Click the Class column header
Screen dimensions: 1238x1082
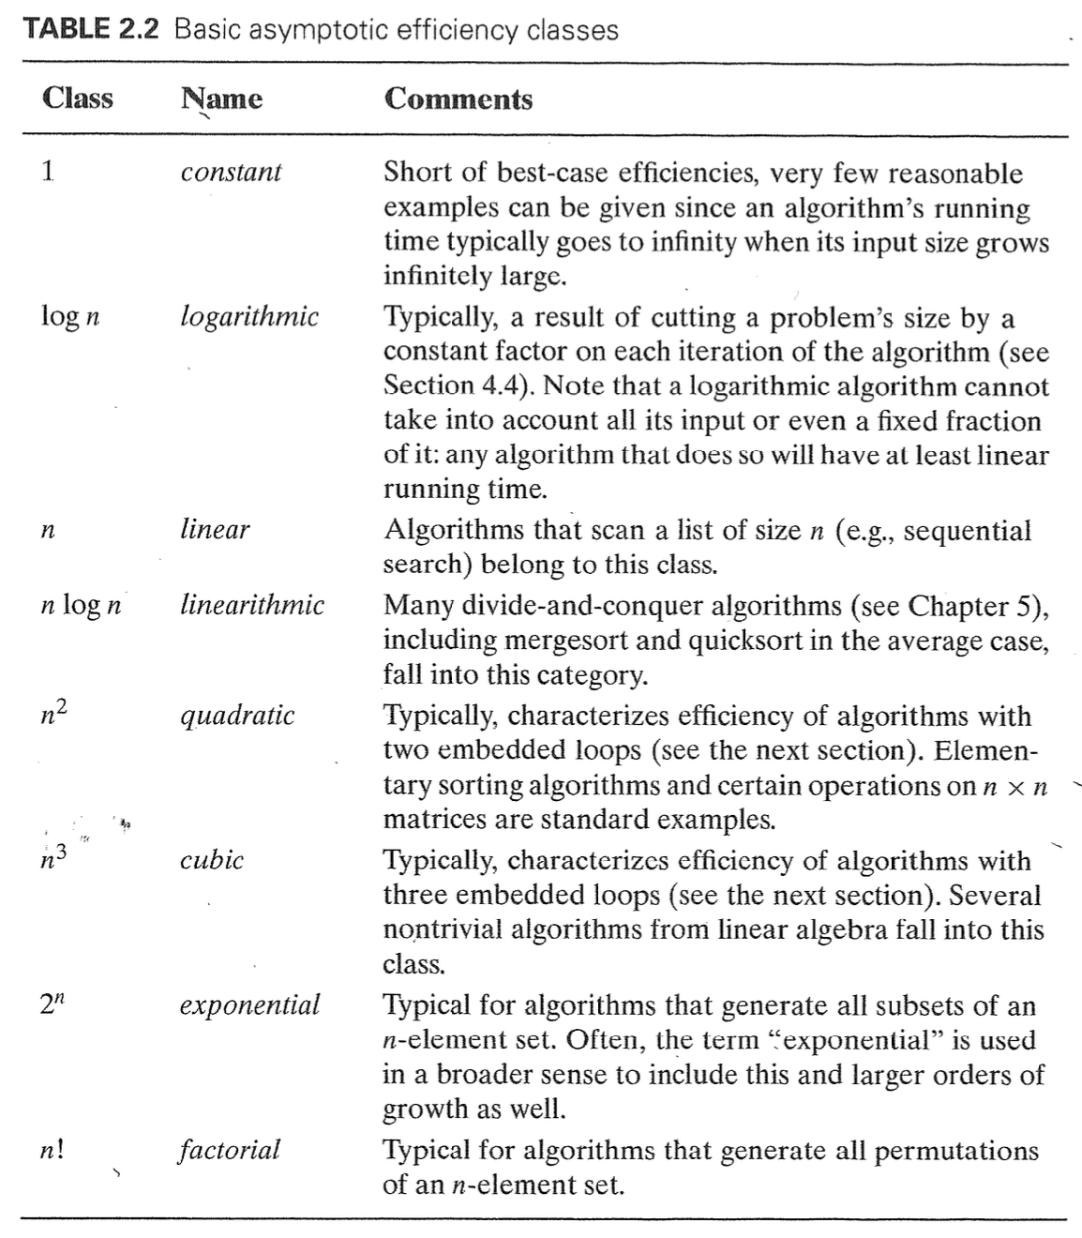[x=77, y=98]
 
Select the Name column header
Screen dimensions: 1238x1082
[x=221, y=98]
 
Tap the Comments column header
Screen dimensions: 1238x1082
[x=458, y=98]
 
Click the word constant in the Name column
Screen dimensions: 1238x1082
[x=231, y=172]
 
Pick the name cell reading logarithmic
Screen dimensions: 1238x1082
[x=249, y=316]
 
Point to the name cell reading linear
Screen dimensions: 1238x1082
[x=215, y=529]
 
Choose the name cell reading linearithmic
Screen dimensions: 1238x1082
[x=252, y=604]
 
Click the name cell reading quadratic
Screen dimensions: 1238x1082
[x=237, y=716]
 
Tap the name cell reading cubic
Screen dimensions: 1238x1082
[x=212, y=859]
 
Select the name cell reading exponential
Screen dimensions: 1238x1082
[x=249, y=1004]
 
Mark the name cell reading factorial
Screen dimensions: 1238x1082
[x=230, y=1149]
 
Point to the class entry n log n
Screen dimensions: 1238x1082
[x=82, y=605]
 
